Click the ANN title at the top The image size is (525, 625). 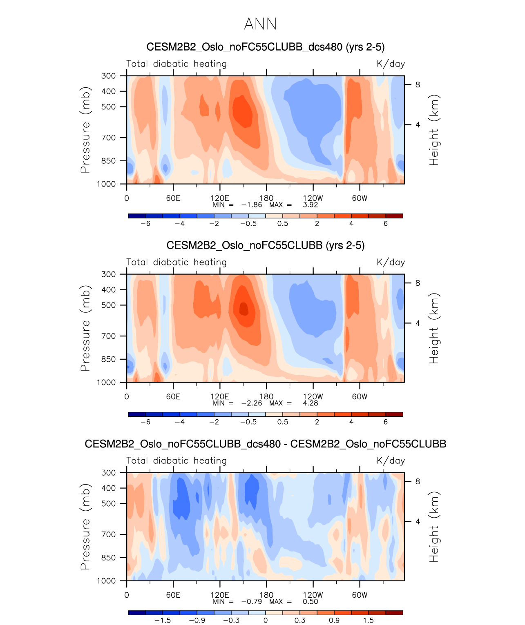(260, 24)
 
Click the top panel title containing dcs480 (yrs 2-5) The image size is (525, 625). (266, 47)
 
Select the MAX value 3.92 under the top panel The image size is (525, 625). (310, 205)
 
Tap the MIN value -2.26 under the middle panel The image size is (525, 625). (252, 403)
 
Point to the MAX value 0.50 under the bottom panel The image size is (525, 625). (310, 601)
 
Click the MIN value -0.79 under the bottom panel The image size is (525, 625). (252, 601)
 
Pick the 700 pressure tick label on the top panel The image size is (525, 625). (109, 138)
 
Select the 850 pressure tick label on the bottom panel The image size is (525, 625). (109, 558)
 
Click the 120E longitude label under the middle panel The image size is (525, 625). (220, 396)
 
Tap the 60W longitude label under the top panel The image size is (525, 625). (360, 198)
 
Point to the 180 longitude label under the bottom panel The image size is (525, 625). (266, 595)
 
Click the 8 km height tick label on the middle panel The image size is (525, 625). (418, 283)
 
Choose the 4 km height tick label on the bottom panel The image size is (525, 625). (418, 521)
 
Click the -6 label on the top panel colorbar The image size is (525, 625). (145, 223)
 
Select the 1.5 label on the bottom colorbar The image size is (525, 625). (369, 620)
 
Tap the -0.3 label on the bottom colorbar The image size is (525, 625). (231, 620)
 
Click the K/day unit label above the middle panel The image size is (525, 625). (391, 262)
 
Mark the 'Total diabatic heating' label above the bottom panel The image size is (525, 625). (176, 460)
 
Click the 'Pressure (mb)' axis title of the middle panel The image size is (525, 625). (85, 328)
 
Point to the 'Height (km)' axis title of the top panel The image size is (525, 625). (434, 130)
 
